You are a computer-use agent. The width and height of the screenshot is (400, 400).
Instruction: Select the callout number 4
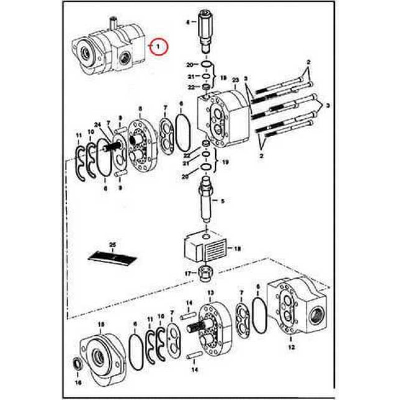188,22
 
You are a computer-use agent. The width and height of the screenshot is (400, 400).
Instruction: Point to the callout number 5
223,201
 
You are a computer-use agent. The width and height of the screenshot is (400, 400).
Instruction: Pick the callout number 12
291,346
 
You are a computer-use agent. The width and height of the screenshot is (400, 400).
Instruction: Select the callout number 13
210,292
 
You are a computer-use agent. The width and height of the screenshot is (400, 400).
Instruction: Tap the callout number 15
101,324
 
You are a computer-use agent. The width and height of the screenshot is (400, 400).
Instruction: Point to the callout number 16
78,382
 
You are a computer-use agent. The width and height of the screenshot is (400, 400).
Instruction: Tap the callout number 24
97,125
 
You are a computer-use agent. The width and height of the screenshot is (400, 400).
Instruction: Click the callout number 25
113,244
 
